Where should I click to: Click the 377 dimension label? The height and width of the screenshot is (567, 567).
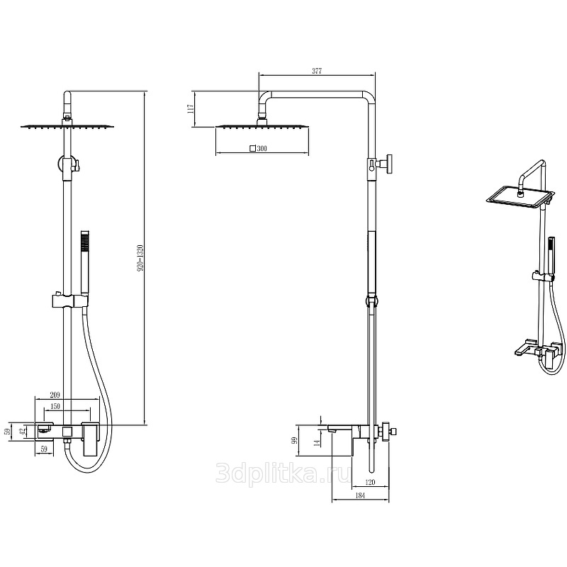point(317,72)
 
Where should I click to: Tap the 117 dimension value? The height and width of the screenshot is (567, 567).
point(191,108)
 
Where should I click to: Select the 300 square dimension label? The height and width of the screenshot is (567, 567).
point(258,148)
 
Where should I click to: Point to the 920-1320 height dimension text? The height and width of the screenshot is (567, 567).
point(140,258)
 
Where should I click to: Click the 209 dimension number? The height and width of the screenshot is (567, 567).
point(55,395)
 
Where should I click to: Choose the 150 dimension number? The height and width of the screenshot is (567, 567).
point(55,406)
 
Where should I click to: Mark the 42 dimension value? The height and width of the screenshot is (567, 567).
point(23,432)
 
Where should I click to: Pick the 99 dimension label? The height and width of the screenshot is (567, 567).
point(294,440)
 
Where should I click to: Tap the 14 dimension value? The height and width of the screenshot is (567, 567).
point(317,442)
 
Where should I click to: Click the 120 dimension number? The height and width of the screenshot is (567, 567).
point(370,482)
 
